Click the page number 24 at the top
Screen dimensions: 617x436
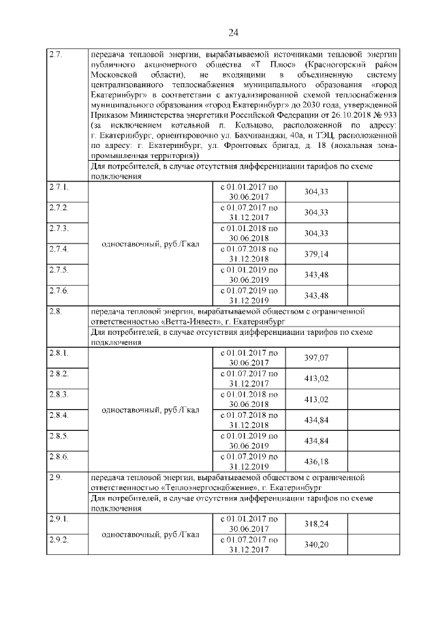coord(233,32)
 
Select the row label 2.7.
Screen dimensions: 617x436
coord(56,54)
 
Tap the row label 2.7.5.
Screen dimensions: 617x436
coord(59,271)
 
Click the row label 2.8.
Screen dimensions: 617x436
coord(56,311)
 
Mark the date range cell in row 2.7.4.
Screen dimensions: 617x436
coord(249,254)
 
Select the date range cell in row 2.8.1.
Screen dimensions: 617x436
coord(249,359)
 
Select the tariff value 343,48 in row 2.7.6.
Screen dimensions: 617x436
coord(315,295)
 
